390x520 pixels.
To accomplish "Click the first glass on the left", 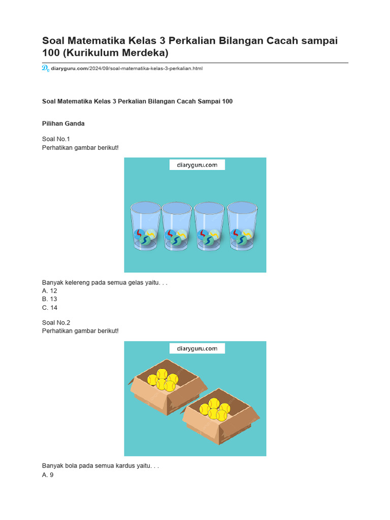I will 146,226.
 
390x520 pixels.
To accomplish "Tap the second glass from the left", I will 177,226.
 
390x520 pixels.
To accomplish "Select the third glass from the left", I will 209,226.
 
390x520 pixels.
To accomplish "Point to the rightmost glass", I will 242,226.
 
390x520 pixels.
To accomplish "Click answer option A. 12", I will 50,290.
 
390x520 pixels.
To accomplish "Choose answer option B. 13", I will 50,299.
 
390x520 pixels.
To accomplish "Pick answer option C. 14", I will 50,307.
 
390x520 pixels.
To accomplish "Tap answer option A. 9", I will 48,475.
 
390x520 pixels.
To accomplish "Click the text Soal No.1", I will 56,139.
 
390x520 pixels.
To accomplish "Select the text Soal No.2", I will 56,322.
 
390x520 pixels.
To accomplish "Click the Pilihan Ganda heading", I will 63,123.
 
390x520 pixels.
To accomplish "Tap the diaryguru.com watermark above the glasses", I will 197,165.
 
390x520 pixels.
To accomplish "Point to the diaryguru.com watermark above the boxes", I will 197,348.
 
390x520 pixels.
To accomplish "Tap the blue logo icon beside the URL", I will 45,68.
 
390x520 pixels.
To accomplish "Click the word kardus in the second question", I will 117,466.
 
